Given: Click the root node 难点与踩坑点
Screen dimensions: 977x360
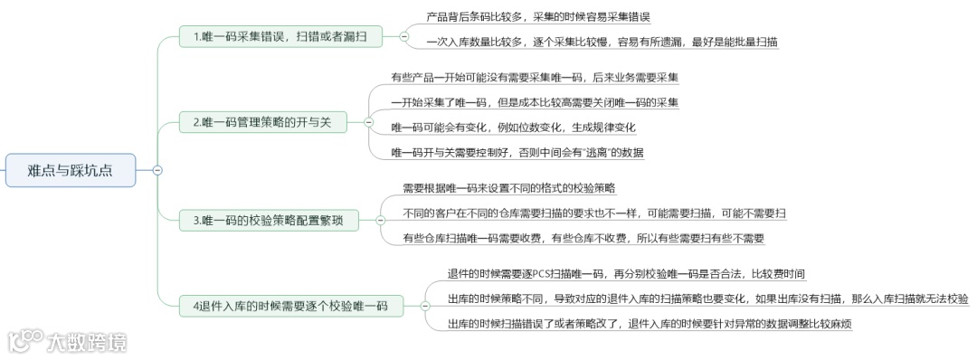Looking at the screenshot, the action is click(x=70, y=170).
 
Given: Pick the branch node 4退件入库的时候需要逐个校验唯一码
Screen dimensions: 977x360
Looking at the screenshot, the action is click(x=290, y=306).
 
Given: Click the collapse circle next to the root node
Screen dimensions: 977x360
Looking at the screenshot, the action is click(x=157, y=170).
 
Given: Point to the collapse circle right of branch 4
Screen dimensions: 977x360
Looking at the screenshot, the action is click(x=425, y=306).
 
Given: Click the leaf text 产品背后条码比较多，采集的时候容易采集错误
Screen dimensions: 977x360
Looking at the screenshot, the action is click(x=537, y=17).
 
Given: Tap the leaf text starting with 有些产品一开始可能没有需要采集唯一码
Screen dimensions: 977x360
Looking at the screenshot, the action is click(x=535, y=78).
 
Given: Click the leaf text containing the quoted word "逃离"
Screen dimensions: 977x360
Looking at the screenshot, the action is click(x=517, y=152).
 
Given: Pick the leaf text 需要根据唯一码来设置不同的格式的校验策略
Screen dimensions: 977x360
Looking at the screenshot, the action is click(x=508, y=188).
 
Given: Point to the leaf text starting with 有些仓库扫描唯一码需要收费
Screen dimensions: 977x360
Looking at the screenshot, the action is click(x=583, y=239).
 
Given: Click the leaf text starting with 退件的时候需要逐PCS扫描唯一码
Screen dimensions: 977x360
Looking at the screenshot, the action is click(x=626, y=274).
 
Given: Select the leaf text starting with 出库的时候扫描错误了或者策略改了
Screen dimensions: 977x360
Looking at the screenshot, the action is click(x=650, y=324).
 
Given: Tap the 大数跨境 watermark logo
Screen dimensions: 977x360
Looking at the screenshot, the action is click(x=68, y=341).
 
